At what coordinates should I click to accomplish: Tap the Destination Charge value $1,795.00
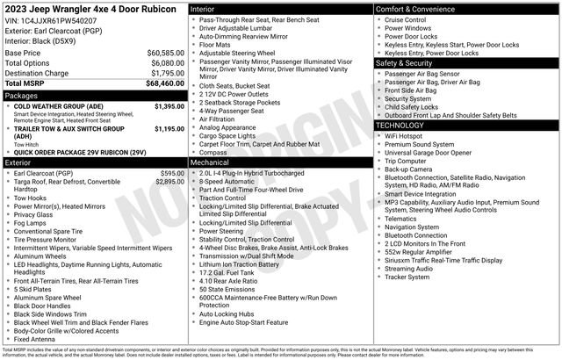[167, 73]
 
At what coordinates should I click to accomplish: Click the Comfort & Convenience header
[416, 8]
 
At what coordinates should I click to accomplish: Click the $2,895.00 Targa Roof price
[169, 182]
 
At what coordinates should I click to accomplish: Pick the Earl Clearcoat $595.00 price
[172, 173]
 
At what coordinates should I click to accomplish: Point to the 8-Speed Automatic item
[231, 182]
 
